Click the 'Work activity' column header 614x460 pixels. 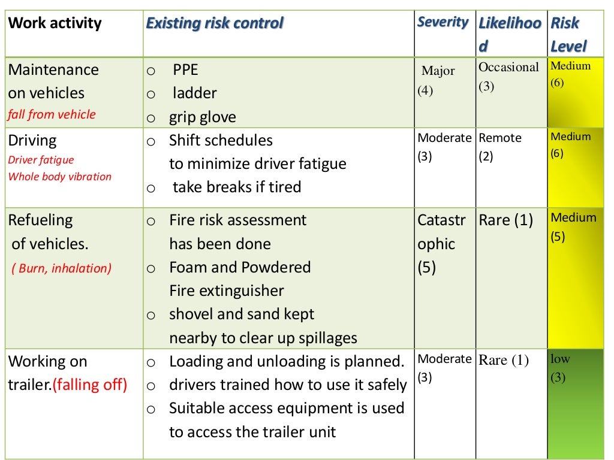coord(55,24)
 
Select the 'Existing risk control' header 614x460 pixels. coord(215,24)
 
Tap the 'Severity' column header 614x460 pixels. coord(443,22)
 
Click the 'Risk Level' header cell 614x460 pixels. coord(568,35)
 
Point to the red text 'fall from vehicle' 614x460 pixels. coord(52,114)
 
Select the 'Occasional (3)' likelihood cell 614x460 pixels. coord(508,76)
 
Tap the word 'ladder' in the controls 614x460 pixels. coord(194,93)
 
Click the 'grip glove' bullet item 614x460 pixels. coord(202,117)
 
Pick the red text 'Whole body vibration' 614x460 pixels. coord(60,177)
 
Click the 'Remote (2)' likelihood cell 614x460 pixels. coord(500,147)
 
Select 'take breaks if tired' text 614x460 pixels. coord(236,187)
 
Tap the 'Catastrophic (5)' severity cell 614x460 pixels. coord(441,244)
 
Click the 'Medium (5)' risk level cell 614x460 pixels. coord(573,226)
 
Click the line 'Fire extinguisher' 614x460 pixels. coord(227,291)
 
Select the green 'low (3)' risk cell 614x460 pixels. coord(561,368)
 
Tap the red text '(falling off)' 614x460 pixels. coord(90,385)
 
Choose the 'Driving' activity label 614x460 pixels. coord(32,141)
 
